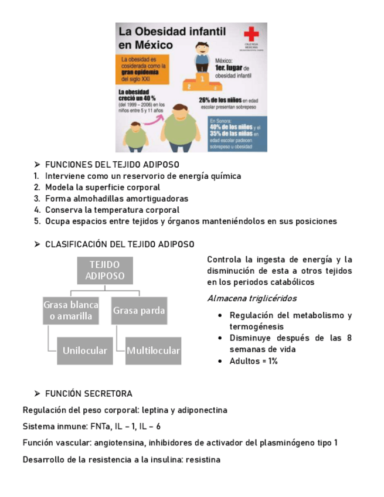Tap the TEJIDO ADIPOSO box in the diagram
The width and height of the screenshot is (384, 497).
105,270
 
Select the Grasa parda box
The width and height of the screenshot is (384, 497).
139,310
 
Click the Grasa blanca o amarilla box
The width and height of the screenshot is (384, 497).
71,310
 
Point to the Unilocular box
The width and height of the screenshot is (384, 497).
85,350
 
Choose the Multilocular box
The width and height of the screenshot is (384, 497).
154,350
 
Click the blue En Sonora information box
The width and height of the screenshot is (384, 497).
236,135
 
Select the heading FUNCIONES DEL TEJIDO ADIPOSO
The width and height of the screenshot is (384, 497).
112,165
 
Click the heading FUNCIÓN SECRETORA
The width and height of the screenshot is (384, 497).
89,393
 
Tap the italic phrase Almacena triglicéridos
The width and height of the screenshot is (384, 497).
252,298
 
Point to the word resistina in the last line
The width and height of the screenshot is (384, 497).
203,459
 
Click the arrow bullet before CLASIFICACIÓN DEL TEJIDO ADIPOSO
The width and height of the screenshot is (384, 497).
37,244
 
